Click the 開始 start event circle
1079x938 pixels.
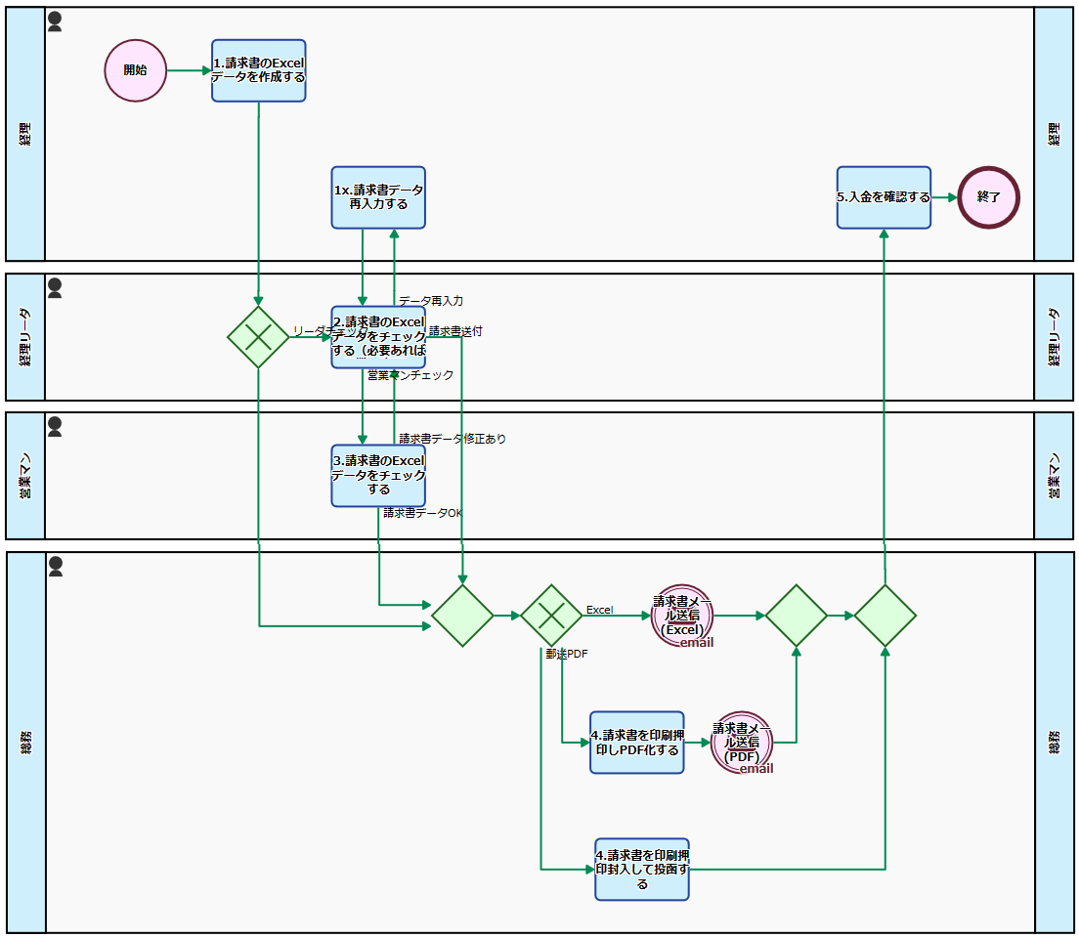pos(136,70)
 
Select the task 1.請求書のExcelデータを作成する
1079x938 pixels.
pos(259,70)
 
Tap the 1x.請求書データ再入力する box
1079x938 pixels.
pos(378,197)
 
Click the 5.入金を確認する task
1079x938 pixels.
pos(884,197)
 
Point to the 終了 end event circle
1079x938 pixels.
pos(988,197)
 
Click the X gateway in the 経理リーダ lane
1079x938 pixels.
pos(258,337)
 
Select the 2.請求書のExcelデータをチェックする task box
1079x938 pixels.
pos(378,337)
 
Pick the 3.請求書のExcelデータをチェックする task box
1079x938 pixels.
pos(378,476)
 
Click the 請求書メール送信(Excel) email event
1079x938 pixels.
pos(682,616)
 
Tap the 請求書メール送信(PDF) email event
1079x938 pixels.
pos(742,743)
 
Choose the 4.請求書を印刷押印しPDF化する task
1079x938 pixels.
pos(636,743)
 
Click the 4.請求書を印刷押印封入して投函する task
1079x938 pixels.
pos(642,869)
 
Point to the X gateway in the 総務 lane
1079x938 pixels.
pos(551,616)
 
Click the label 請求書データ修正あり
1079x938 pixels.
pos(453,439)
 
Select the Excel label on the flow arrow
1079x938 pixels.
pos(599,610)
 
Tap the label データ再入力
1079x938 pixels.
pos(431,300)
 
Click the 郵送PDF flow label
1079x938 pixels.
pos(567,654)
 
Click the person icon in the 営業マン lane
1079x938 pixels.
pos(55,427)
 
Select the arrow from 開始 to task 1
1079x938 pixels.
pos(190,70)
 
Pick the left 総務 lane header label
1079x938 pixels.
pos(25,743)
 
